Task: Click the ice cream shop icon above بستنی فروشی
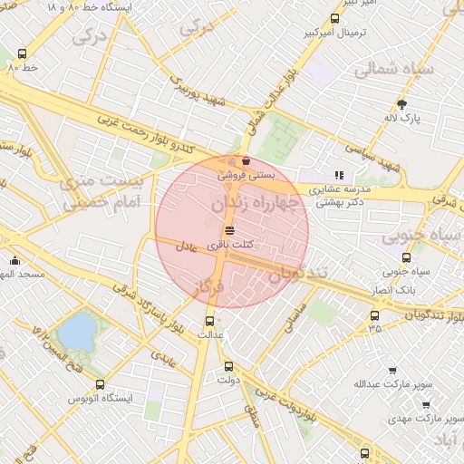tap(246, 161)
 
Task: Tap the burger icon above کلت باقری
tap(227, 229)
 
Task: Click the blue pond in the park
tap(77, 333)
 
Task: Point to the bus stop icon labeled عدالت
tap(210, 320)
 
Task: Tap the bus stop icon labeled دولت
tap(228, 367)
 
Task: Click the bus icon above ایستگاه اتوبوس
tap(100, 384)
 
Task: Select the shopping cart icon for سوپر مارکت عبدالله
tap(391, 370)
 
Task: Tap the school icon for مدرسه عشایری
tap(339, 175)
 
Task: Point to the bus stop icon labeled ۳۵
tap(374, 316)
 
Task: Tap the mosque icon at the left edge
tap(14, 261)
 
